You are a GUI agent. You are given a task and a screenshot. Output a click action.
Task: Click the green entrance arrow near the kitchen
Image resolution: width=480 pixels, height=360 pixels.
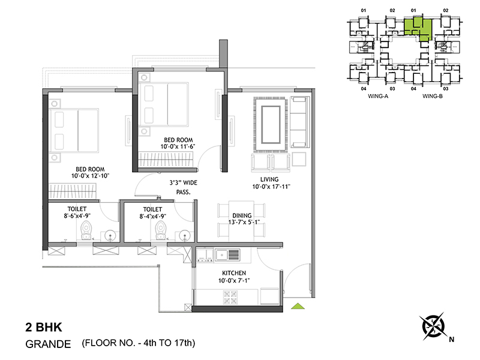pyautogui.click(x=298, y=306)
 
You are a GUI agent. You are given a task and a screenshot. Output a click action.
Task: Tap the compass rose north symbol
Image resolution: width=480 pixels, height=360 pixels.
pyautogui.click(x=433, y=326)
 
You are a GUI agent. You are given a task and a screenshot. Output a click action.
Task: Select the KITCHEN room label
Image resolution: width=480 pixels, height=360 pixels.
pyautogui.click(x=234, y=273)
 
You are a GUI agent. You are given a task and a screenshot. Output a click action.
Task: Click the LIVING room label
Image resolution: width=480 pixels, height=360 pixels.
pyautogui.click(x=269, y=179)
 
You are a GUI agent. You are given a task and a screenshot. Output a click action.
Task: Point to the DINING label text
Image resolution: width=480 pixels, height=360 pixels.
pyautogui.click(x=242, y=215)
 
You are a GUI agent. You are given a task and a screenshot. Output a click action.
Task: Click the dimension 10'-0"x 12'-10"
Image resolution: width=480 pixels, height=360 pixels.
pyautogui.click(x=91, y=176)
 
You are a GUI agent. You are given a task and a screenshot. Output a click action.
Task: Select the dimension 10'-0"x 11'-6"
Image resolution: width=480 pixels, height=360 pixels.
pyautogui.click(x=178, y=146)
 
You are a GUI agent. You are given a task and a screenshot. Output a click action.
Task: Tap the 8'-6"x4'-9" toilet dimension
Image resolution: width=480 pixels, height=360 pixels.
pyautogui.click(x=77, y=216)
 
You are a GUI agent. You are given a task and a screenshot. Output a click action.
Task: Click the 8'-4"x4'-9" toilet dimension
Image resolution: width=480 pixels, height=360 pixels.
pyautogui.click(x=153, y=216)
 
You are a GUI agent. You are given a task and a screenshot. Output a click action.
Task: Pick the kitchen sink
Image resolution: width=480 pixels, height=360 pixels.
pyautogui.click(x=227, y=255)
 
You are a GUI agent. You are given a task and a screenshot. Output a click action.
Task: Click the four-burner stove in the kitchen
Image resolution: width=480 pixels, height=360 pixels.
pyautogui.click(x=230, y=297)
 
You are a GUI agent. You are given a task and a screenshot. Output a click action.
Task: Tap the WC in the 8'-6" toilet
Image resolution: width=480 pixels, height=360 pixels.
pyautogui.click(x=86, y=230)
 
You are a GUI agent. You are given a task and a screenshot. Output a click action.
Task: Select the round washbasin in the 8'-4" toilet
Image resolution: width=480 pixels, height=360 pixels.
pyautogui.click(x=184, y=236)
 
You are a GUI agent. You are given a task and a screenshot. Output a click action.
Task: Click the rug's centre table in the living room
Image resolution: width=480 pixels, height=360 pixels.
pyautogui.click(x=271, y=125)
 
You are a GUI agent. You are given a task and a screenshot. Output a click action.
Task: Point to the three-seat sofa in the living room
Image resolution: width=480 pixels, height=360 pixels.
pyautogui.click(x=299, y=122)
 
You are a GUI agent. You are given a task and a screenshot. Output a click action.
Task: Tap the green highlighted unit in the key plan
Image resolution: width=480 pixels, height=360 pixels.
pyautogui.click(x=418, y=29)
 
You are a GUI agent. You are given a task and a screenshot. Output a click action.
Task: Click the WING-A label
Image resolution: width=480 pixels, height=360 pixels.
pyautogui.click(x=378, y=96)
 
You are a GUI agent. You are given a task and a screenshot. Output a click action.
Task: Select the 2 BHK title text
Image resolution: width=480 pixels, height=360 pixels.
pyautogui.click(x=43, y=327)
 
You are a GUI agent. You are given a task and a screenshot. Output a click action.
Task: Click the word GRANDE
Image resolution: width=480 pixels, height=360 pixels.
pyautogui.click(x=48, y=344)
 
